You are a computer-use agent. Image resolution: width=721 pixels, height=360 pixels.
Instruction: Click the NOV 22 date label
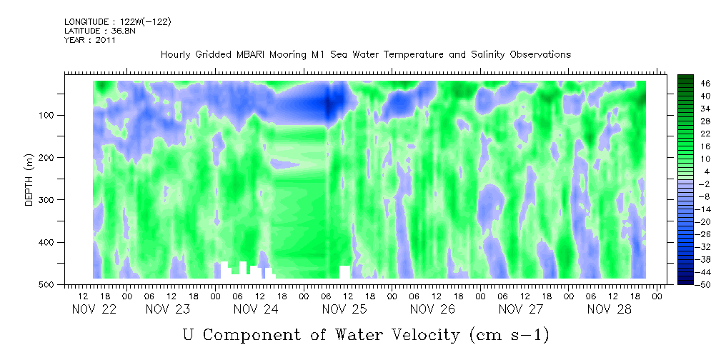(x=95, y=309)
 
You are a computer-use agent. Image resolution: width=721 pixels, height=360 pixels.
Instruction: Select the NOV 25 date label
(x=344, y=309)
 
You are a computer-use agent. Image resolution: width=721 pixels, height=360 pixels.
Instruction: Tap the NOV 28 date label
(x=609, y=309)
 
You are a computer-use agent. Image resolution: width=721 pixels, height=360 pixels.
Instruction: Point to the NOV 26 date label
(x=432, y=309)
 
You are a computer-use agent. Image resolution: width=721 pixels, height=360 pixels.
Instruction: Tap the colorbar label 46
(x=705, y=83)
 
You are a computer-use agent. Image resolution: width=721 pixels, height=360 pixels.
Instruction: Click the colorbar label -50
(x=705, y=284)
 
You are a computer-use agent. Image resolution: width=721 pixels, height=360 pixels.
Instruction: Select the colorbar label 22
(x=705, y=134)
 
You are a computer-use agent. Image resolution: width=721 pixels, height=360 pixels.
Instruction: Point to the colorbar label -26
(x=705, y=234)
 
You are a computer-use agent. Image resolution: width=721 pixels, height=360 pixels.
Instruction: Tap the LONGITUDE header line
(x=117, y=21)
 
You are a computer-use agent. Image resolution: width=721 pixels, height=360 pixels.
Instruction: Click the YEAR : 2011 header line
(x=89, y=40)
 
